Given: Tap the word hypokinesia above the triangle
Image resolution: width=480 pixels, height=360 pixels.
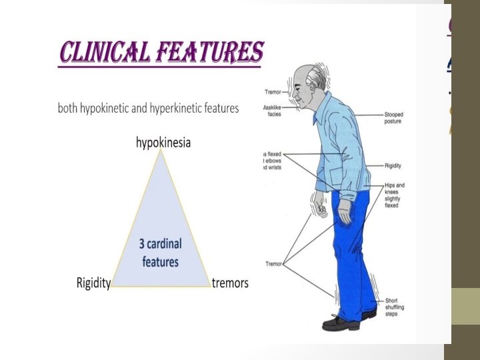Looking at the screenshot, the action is (163, 143).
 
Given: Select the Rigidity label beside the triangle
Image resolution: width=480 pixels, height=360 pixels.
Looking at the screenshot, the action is (93, 283).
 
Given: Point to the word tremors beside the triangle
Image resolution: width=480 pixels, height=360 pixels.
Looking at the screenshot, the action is (230, 283).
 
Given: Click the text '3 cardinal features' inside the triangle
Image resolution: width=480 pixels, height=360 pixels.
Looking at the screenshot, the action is (160, 253).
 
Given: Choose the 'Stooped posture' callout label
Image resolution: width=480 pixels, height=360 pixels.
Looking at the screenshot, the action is (393, 118).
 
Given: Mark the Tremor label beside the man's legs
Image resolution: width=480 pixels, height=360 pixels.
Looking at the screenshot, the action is (273, 264).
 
